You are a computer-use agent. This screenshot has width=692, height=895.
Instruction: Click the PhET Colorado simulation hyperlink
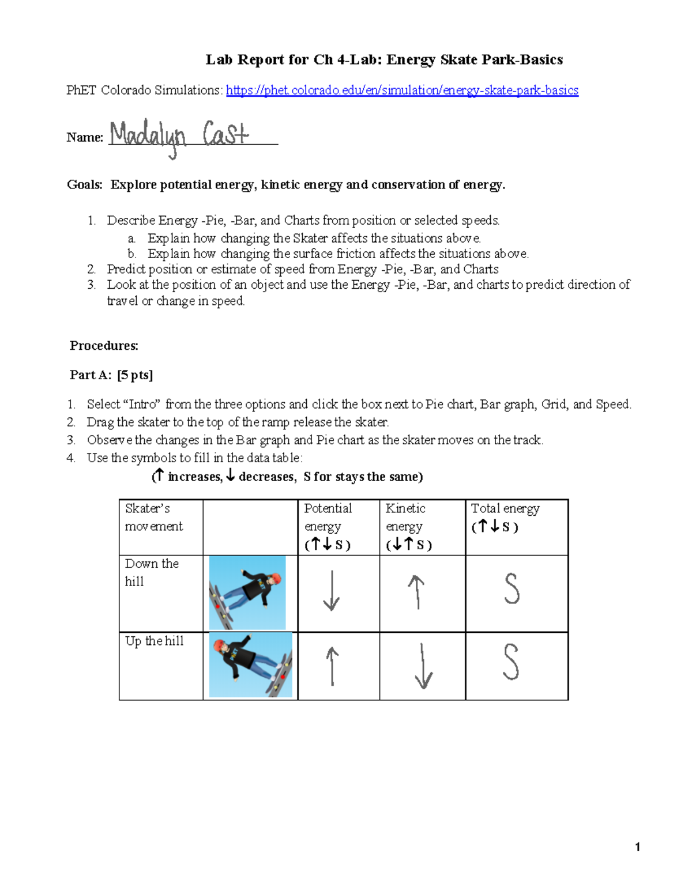click(402, 90)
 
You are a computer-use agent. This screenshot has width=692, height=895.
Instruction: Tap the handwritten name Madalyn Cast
click(179, 137)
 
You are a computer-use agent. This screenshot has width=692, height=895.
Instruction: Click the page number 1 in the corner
click(637, 847)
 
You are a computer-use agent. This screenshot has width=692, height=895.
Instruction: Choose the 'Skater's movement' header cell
click(153, 517)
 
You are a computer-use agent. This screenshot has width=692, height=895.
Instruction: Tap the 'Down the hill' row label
click(152, 572)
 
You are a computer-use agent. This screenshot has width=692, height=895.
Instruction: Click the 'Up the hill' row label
click(154, 641)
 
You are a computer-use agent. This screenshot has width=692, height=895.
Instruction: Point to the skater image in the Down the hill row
click(247, 592)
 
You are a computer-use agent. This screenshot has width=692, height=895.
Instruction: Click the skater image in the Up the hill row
click(250, 665)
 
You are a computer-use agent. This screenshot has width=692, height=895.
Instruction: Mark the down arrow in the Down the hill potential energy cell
click(331, 590)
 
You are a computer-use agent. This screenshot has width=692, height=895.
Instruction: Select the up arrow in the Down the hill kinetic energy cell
click(416, 592)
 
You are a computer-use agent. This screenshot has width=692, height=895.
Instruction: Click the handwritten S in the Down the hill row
click(512, 589)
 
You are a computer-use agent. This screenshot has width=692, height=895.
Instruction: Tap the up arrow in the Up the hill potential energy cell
click(332, 666)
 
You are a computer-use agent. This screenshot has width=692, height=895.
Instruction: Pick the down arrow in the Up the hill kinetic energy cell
click(423, 666)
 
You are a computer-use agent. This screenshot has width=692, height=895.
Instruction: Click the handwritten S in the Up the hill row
click(511, 662)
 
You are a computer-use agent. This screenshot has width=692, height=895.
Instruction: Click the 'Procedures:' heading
click(104, 346)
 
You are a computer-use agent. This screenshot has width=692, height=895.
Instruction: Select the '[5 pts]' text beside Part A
click(135, 375)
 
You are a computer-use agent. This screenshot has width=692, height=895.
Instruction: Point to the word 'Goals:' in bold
click(85, 185)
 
